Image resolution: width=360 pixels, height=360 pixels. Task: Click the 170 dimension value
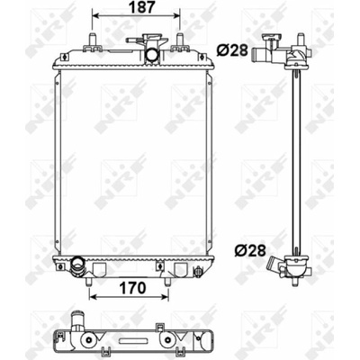pyautogui.click(x=132, y=288)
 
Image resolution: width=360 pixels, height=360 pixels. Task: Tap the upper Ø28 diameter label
pyautogui.click(x=232, y=51)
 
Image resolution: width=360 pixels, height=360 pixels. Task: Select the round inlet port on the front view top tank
pyautogui.click(x=152, y=55)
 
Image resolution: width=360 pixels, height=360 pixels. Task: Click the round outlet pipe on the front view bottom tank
pyautogui.click(x=77, y=264)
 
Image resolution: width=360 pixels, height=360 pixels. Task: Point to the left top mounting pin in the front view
pyautogui.click(x=92, y=40)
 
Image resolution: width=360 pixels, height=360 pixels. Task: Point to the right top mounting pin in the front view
pyautogui.click(x=180, y=40)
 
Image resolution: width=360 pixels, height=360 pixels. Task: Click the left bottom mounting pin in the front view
pyautogui.click(x=89, y=282)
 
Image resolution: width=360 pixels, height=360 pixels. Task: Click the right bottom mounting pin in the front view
pyautogui.click(x=167, y=282)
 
